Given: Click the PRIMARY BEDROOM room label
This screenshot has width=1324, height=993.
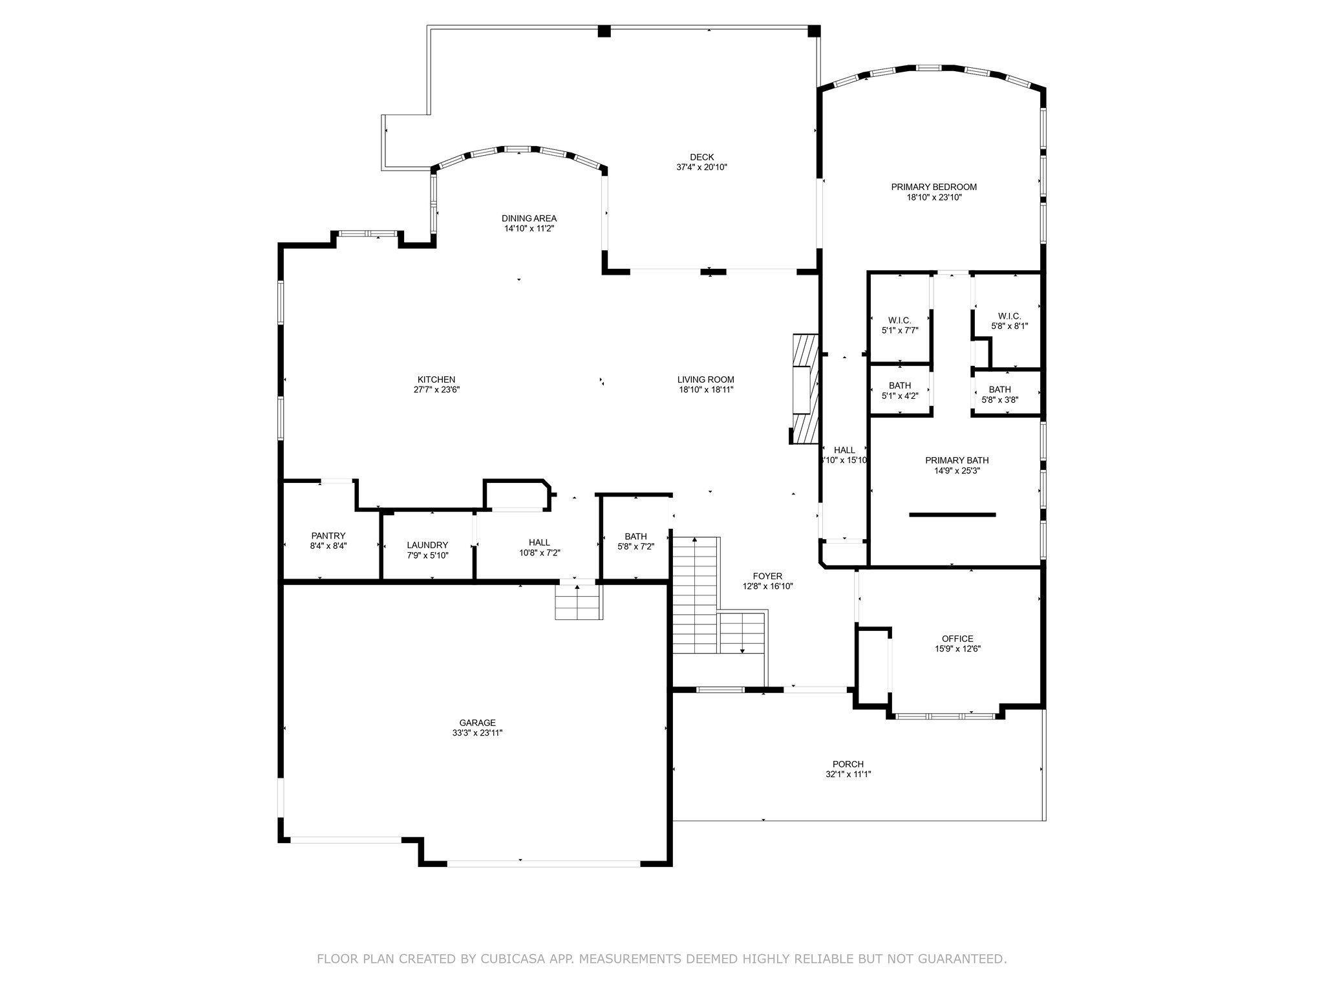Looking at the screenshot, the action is (x=934, y=187).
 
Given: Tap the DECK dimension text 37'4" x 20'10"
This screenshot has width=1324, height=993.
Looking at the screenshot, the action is (x=701, y=167).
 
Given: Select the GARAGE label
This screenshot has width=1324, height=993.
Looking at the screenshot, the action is (x=478, y=723).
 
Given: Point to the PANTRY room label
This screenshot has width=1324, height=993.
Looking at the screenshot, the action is (x=328, y=536).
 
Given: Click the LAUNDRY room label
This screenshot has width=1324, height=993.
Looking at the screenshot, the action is (x=427, y=545).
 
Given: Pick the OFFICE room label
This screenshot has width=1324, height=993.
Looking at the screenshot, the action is (x=957, y=639).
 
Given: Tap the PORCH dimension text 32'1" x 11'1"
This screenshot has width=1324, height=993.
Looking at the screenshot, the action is (x=848, y=774).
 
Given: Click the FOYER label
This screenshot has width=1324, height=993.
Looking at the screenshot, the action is (x=767, y=576).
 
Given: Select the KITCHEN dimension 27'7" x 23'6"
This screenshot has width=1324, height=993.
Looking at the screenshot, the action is (x=436, y=390).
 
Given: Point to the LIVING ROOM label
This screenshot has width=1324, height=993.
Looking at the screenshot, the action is (x=705, y=379).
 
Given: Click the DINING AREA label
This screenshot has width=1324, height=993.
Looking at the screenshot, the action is (x=529, y=219).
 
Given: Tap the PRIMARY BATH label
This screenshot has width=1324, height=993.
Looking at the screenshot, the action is (x=957, y=460).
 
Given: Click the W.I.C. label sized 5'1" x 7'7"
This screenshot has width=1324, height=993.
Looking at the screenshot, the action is (x=899, y=320).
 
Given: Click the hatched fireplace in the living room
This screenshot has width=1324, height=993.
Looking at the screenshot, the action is (x=806, y=389).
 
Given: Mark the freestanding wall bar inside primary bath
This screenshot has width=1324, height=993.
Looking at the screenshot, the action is (x=952, y=515).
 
